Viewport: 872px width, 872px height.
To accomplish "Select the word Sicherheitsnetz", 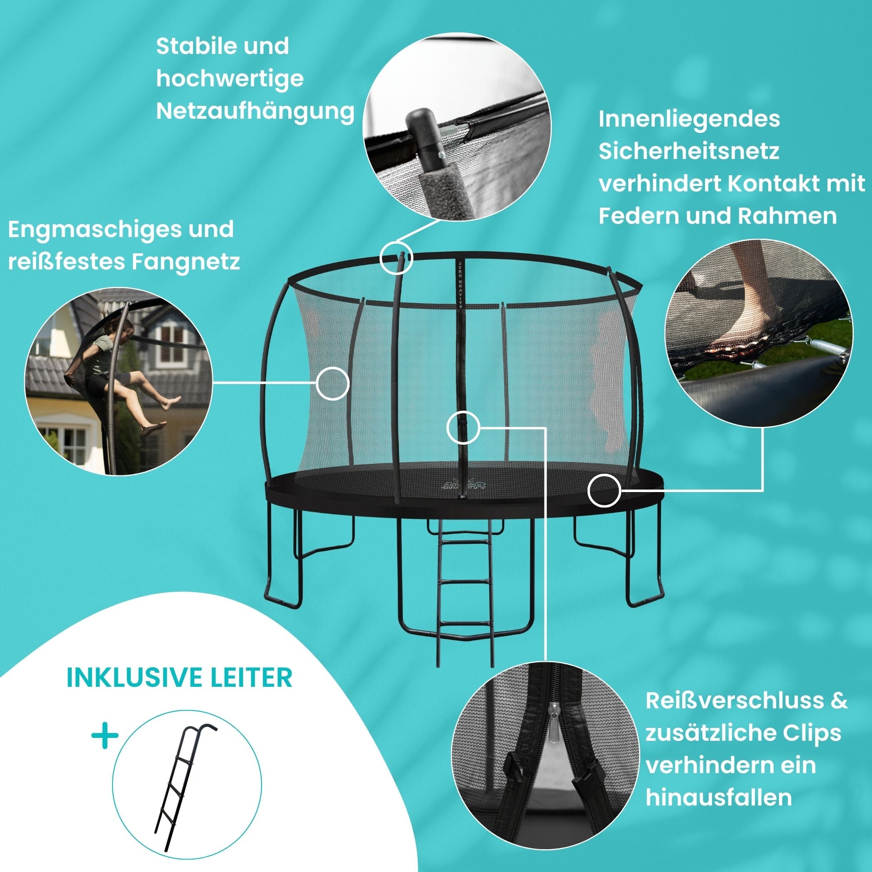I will click(689, 151).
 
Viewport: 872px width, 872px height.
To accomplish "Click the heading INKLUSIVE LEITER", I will click(179, 678).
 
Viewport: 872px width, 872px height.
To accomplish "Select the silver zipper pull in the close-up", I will click(554, 726).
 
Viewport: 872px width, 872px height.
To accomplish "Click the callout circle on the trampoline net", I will click(333, 383).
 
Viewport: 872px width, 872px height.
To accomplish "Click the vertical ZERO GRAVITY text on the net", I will click(460, 284).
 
